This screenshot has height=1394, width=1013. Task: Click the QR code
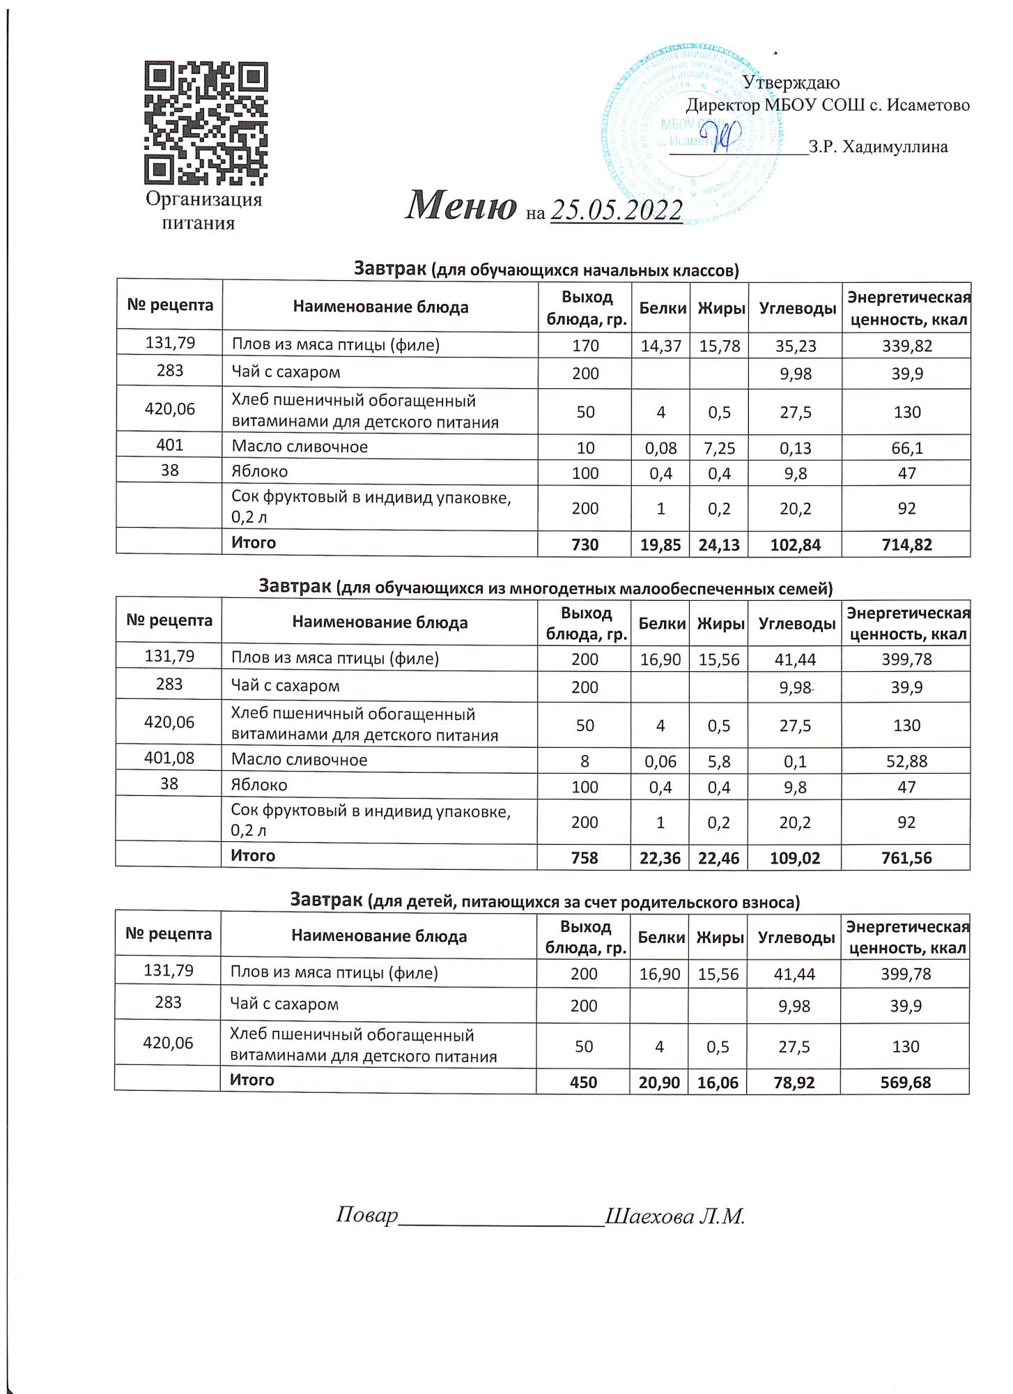tap(206, 123)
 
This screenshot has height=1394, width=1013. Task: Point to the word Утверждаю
tap(791, 83)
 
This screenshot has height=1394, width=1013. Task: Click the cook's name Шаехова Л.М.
tap(675, 1216)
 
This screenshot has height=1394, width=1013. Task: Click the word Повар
tap(366, 1215)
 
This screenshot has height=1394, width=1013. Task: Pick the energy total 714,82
tap(906, 545)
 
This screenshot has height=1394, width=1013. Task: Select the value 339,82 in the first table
tap(906, 346)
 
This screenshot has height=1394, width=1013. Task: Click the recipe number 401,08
tap(169, 758)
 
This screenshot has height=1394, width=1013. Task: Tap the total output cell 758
tap(585, 858)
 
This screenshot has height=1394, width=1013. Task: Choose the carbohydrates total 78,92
tap(794, 1082)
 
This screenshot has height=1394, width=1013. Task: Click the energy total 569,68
tap(905, 1082)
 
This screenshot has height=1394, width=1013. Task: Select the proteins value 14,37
tap(660, 346)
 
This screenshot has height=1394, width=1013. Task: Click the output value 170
tap(585, 346)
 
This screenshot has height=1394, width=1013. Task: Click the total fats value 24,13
tap(720, 545)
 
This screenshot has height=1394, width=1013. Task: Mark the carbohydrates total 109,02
tap(794, 858)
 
